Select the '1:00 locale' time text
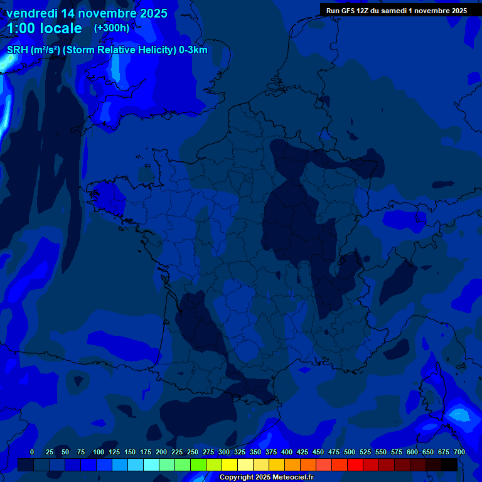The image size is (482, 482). click(x=45, y=28)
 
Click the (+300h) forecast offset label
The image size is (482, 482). click(x=111, y=28)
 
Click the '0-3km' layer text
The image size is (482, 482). click(x=193, y=50)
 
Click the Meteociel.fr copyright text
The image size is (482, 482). click(x=266, y=478)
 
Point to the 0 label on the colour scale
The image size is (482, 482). click(x=32, y=453)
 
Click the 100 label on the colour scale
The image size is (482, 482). click(x=99, y=453)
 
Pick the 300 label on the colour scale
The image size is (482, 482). click(x=224, y=453)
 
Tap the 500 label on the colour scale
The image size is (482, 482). click(x=350, y=453)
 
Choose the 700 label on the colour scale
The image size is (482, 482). click(x=459, y=453)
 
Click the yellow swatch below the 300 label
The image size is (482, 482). click(x=230, y=464)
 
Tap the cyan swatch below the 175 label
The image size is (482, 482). click(x=151, y=464)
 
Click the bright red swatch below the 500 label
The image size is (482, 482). click(x=355, y=464)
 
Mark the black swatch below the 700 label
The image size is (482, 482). click(x=449, y=464)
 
